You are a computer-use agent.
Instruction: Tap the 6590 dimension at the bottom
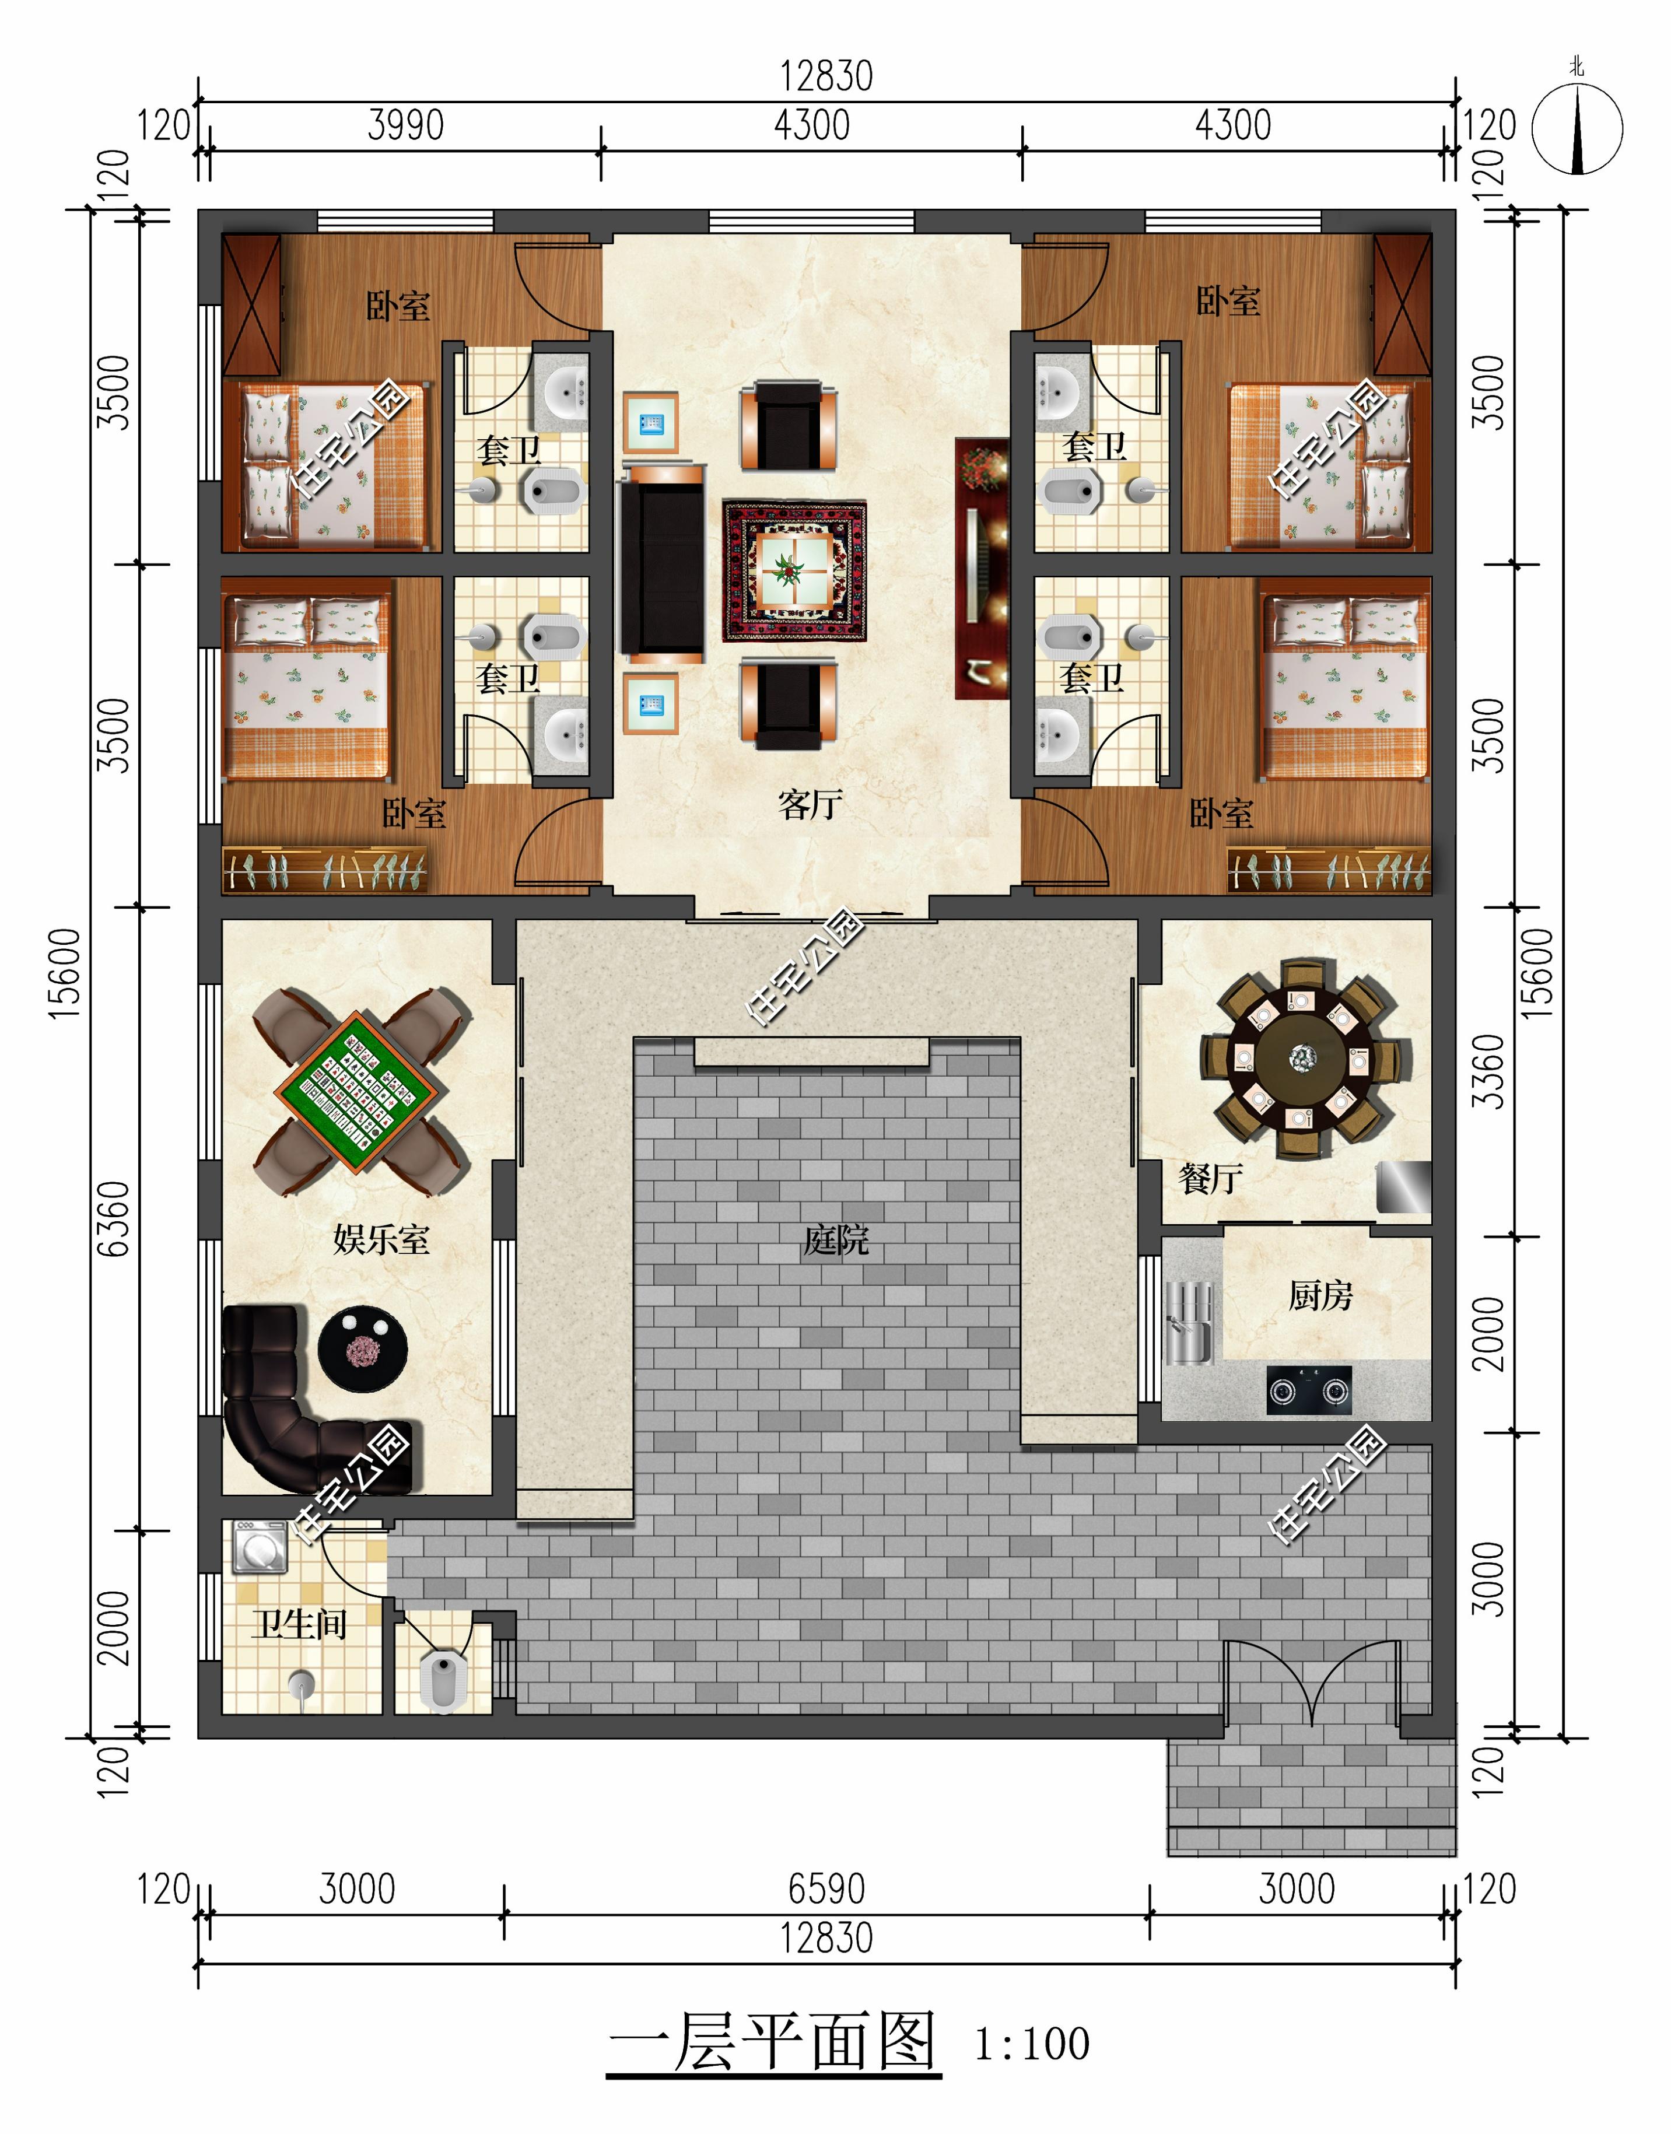coord(826,1888)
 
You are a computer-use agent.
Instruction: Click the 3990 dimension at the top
coord(406,125)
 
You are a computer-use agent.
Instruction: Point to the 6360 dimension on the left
coord(114,1218)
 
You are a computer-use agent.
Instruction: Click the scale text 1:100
coord(1032,2045)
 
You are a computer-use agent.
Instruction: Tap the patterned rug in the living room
coord(794,572)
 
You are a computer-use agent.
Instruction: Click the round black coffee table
coord(363,1346)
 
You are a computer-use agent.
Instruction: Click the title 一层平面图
coord(773,2041)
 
